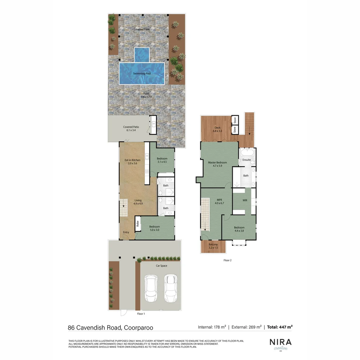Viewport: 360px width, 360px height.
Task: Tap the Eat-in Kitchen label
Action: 132,160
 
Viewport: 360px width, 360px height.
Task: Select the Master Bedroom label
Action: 217,163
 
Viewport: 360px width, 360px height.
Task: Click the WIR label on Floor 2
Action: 245,200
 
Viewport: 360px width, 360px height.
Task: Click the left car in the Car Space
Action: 151,289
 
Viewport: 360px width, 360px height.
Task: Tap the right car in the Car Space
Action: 171,289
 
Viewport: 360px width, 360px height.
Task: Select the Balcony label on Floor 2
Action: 213,245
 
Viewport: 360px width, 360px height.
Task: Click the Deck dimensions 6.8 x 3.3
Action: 217,131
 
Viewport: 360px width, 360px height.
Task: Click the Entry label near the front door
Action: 126,232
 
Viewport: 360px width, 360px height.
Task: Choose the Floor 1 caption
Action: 141,314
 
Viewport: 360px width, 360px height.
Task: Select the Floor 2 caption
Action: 227,260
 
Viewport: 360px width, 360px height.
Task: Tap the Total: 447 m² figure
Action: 279,327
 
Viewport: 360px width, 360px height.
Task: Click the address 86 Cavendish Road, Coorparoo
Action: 110,327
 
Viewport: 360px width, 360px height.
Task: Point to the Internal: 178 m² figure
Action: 212,327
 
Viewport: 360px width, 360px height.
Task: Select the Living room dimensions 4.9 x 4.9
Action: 138,203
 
